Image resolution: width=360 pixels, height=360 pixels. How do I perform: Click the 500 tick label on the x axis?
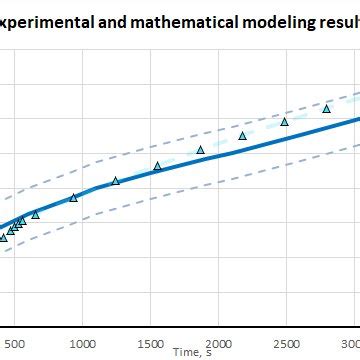14,342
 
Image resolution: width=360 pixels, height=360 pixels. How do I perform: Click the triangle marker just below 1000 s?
73,198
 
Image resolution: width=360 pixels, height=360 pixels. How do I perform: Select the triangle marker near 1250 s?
115,181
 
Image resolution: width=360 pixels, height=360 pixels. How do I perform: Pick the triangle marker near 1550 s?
157,166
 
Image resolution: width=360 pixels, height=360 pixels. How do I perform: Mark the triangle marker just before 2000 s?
200,150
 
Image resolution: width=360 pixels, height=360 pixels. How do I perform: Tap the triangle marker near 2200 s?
242,136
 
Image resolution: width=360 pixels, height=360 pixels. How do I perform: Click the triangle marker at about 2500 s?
284,122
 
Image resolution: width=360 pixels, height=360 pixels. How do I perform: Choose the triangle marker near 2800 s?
326,109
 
